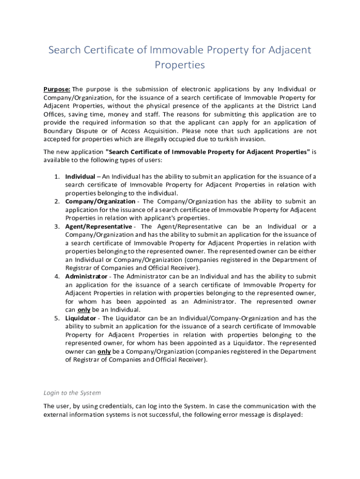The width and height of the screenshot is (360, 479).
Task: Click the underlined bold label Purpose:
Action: tap(57, 89)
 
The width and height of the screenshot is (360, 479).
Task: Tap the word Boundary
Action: tap(57, 131)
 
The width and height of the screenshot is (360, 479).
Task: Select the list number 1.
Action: tap(56, 176)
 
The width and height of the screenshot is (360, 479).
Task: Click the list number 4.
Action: tap(56, 276)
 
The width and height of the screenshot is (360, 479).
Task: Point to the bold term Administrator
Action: tap(86, 276)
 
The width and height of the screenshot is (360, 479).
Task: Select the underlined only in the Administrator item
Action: tap(84, 310)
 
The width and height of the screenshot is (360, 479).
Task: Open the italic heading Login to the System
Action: tap(72, 393)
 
